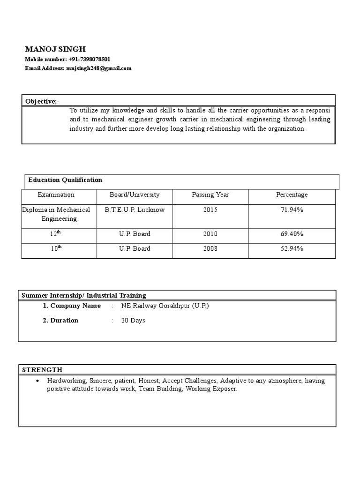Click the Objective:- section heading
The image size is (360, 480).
42,101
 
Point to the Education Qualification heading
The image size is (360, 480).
65,180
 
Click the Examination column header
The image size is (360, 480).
56,195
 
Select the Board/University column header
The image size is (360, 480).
135,195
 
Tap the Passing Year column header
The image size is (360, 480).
210,195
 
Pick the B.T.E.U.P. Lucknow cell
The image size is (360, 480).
135,210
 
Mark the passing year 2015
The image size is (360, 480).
210,210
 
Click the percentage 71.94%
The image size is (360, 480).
292,210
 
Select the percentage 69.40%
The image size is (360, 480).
292,234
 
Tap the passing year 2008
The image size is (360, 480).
210,249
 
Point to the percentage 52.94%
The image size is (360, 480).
292,249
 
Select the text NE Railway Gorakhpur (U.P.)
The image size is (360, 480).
165,306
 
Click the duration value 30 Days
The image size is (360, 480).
133,321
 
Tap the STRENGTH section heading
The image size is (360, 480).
42,370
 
